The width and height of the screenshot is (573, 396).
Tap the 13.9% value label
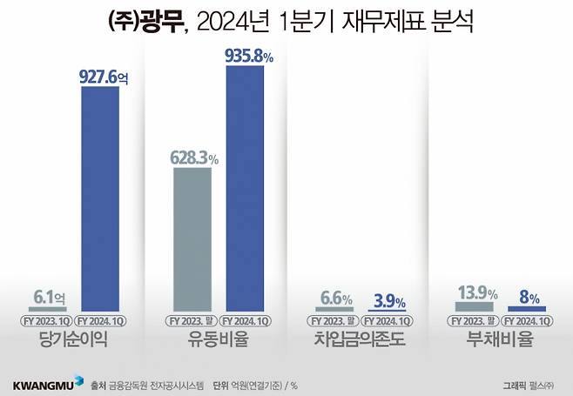[476, 294]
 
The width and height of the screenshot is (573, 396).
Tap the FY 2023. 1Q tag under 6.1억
[47, 320]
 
